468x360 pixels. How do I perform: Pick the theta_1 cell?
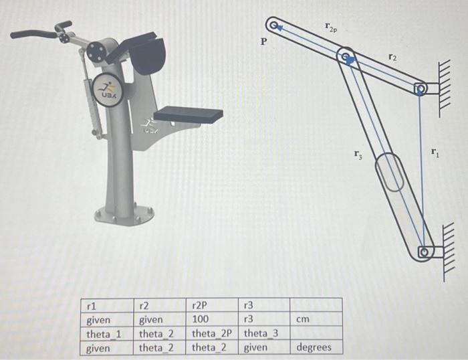[104, 333]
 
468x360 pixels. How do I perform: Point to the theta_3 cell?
[261, 333]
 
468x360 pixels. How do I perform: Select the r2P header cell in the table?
[201, 306]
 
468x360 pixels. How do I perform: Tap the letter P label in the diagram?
[264, 41]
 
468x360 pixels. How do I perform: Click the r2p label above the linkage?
[330, 27]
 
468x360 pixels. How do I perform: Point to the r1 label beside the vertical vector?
[435, 154]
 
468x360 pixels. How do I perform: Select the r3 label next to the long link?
[360, 157]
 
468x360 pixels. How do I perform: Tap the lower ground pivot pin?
[423, 253]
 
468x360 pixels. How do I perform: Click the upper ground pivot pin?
[420, 88]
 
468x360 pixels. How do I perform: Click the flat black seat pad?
[189, 114]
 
